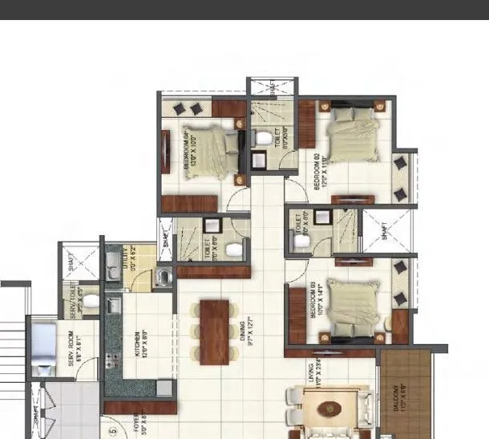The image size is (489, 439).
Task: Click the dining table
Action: [x=212, y=329]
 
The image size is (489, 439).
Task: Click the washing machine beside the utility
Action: [x=165, y=277]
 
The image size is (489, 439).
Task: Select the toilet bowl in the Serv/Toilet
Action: [x=91, y=302]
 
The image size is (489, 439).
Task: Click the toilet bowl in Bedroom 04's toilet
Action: [x=262, y=138]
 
